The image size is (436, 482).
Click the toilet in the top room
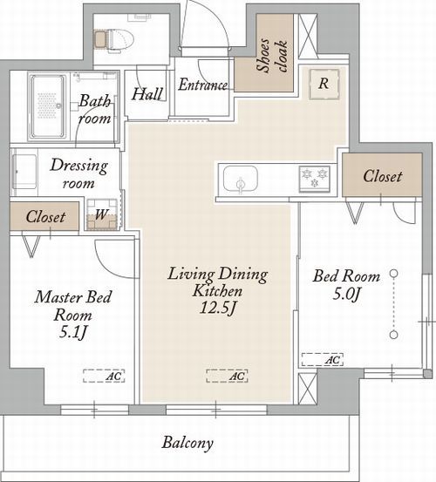pyautogui.click(x=114, y=39)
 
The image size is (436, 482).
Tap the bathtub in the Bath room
pyautogui.click(x=48, y=106)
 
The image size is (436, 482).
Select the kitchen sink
pyautogui.click(x=241, y=180)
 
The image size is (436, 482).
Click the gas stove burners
pyautogui.click(x=315, y=179)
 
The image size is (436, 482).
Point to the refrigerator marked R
pyautogui.click(x=324, y=84)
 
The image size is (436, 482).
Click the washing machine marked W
pyautogui.click(x=102, y=214)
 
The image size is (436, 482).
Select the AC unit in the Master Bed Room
pyautogui.click(x=104, y=376)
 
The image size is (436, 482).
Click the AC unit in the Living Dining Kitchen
pyautogui.click(x=227, y=376)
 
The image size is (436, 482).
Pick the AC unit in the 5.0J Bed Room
pyautogui.click(x=323, y=359)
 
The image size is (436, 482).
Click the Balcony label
pyautogui.click(x=187, y=443)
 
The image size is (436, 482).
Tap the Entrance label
pyautogui.click(x=203, y=85)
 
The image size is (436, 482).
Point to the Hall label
pyautogui.click(x=147, y=94)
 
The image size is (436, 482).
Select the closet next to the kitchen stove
pyautogui.click(x=382, y=174)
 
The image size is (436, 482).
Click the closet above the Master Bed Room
pyautogui.click(x=44, y=216)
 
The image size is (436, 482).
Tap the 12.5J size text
pyautogui.click(x=218, y=308)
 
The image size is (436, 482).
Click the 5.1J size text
pyautogui.click(x=73, y=332)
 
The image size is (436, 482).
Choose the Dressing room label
pyautogui.click(x=78, y=173)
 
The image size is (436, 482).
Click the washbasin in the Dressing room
pyautogui.click(x=24, y=172)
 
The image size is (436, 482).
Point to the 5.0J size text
pyautogui.click(x=346, y=295)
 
